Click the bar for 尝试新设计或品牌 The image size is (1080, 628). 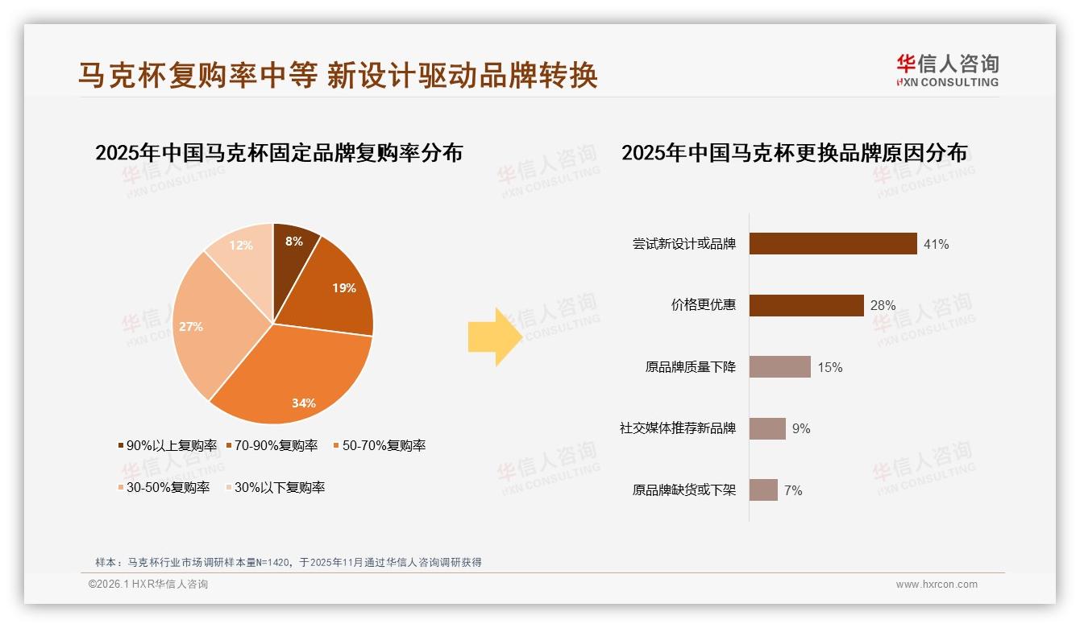(833, 243)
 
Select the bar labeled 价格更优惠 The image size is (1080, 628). (806, 305)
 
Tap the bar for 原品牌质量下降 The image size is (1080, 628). (779, 367)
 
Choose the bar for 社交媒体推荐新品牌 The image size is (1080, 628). (767, 428)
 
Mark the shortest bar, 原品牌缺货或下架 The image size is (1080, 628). (763, 490)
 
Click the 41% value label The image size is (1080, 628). (936, 244)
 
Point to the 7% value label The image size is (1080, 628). (793, 490)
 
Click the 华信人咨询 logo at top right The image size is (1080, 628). (947, 71)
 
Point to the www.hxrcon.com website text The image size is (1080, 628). (937, 585)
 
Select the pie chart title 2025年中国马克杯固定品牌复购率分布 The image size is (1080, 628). (279, 153)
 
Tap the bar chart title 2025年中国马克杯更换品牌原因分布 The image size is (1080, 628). (794, 153)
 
